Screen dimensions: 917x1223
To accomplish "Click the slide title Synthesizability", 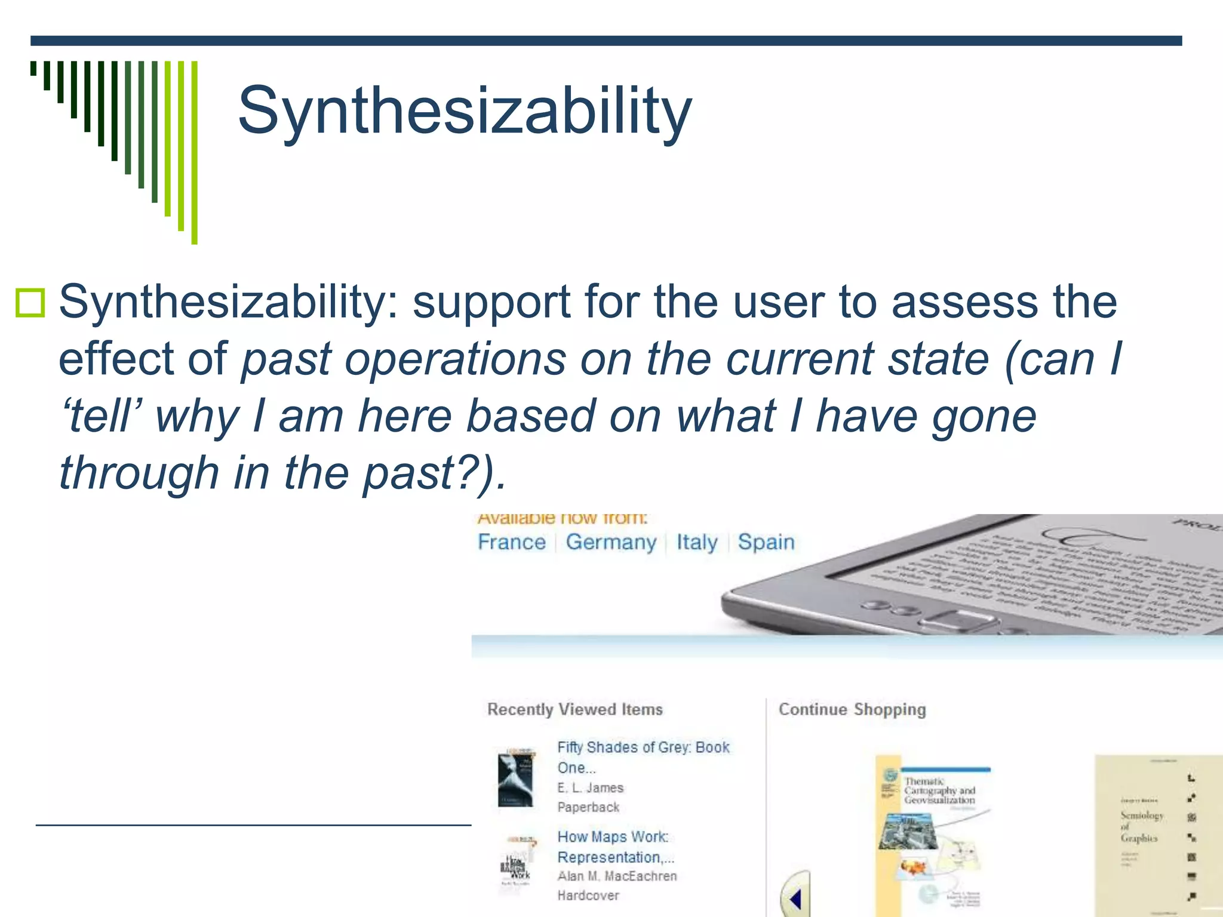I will coord(465,111).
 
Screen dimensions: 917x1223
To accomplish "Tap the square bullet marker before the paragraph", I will coord(30,303).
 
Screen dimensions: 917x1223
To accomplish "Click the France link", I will coord(512,542).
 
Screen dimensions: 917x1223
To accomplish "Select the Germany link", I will coord(611,542).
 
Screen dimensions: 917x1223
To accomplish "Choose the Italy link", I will coord(696,542).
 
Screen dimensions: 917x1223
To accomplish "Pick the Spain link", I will coord(766,542).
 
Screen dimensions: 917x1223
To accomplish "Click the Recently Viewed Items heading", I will coord(574,709).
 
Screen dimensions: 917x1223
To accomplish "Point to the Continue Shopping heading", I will coord(852,709).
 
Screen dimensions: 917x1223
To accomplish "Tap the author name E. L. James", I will coord(590,788).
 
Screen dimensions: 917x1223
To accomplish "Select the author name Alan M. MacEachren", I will coord(617,876).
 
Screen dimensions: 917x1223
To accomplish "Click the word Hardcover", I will coord(588,896).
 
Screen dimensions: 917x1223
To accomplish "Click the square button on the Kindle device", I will coord(958,621).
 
